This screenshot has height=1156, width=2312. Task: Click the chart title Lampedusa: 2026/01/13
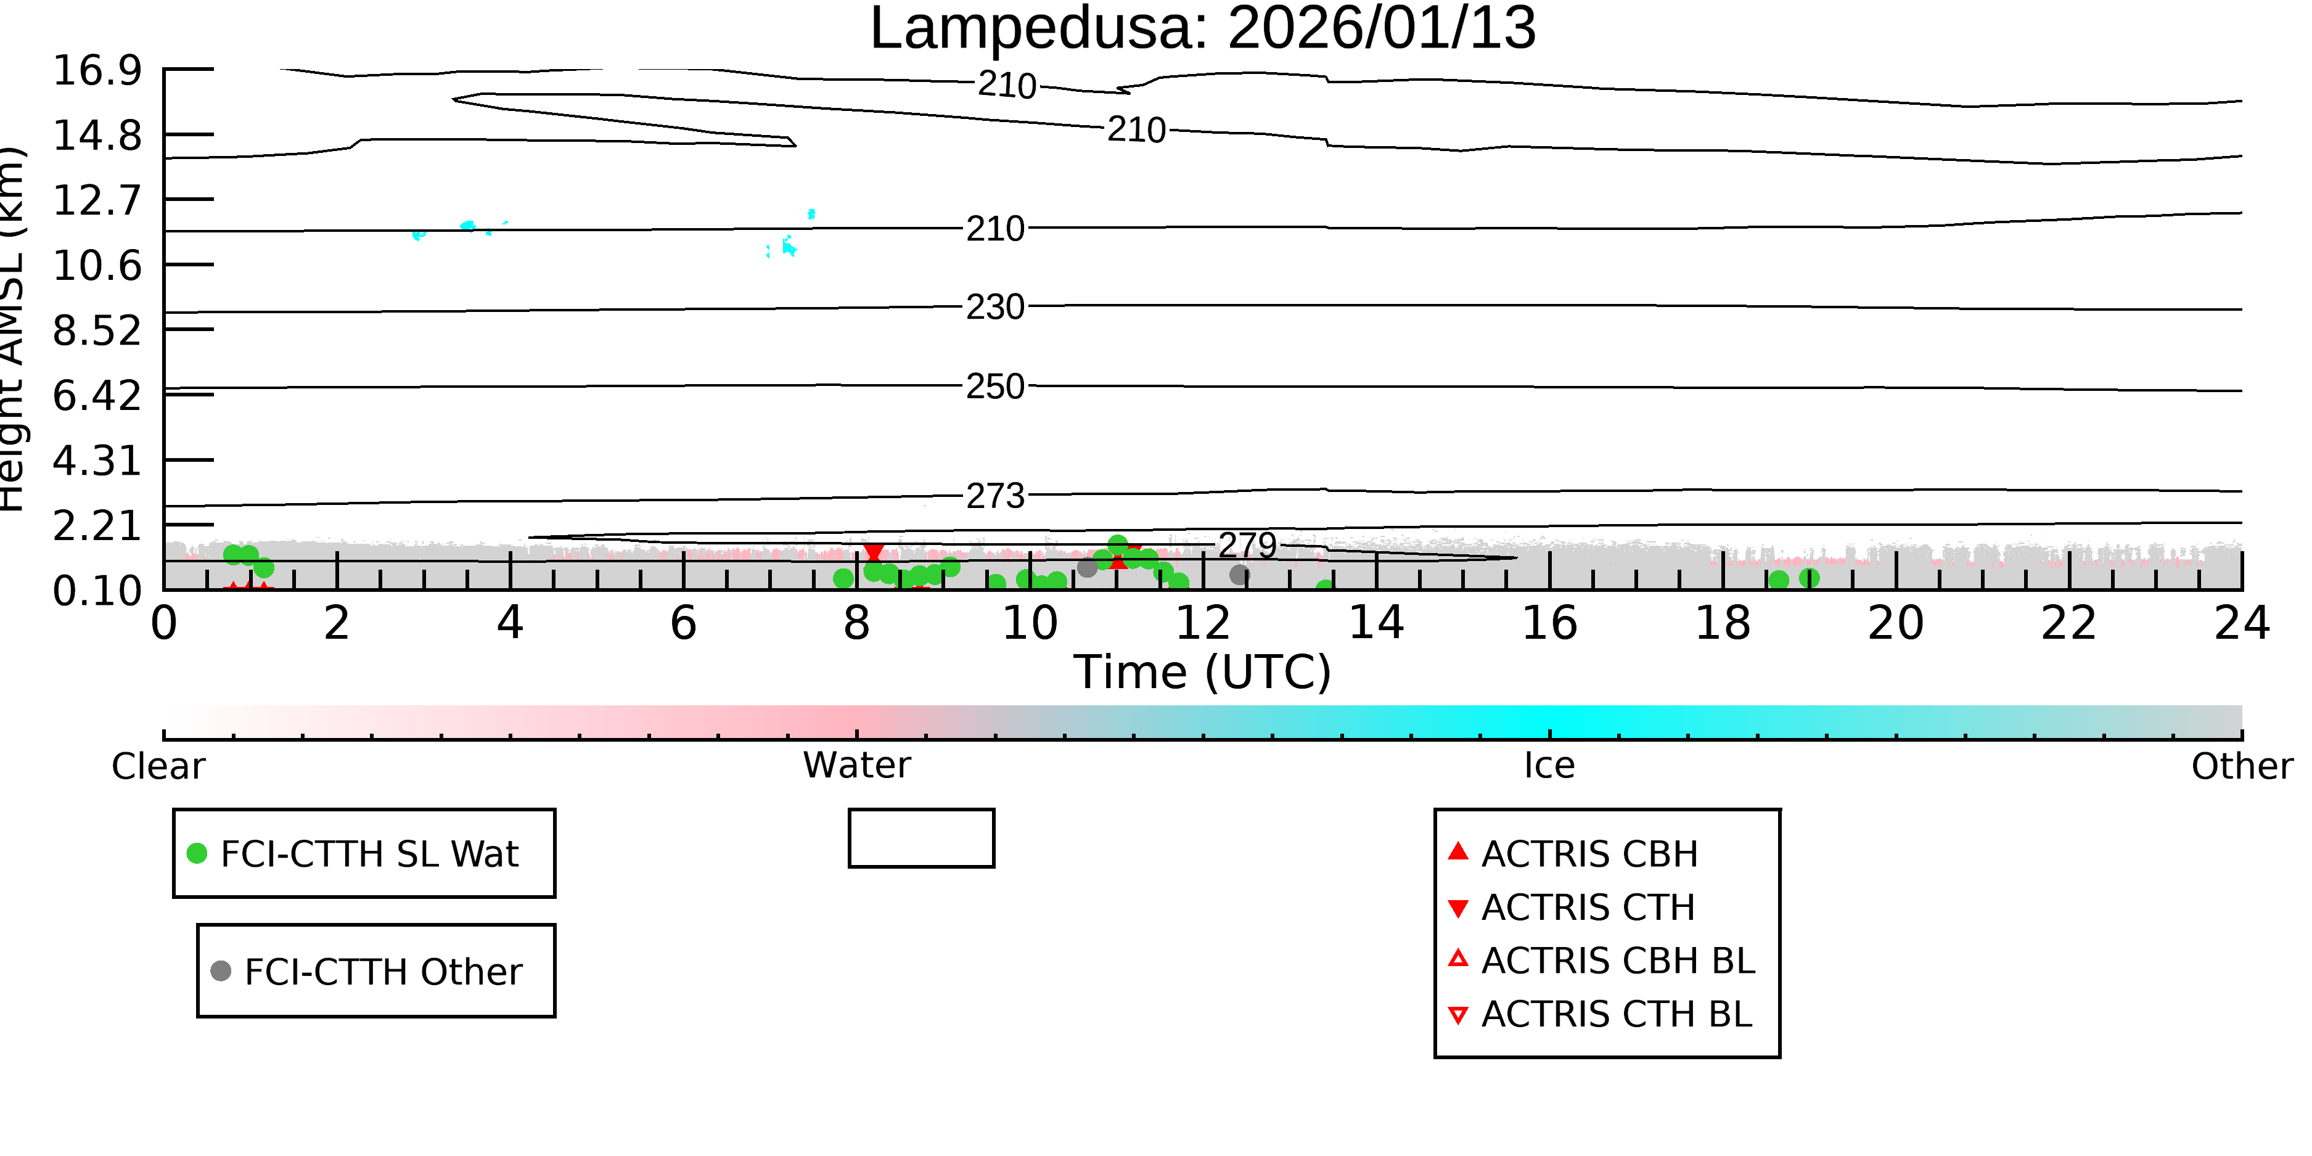coord(1203,29)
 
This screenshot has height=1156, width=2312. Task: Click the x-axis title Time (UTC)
coord(1203,672)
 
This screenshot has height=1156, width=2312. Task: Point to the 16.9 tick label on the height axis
coord(97,70)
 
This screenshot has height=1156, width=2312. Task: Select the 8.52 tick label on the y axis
coord(97,330)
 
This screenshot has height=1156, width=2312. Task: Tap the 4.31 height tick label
coord(97,461)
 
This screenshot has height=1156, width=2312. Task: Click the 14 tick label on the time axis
coord(1376,623)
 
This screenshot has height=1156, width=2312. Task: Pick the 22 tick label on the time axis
coord(2068,623)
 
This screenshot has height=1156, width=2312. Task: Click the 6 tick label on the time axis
coord(683,623)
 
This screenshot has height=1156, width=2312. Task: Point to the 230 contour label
coord(995,307)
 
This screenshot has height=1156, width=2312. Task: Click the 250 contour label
coord(995,387)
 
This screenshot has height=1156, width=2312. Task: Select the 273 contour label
coord(995,496)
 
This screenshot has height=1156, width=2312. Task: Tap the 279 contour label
coord(1247,545)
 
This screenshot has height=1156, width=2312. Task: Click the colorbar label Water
coord(857,766)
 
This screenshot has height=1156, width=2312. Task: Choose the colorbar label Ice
coord(1549,766)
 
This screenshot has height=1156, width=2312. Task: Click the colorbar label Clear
coord(158,766)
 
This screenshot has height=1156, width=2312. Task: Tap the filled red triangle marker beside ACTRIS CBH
coord(1459,851)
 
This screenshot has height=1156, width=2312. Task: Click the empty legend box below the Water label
coord(922,811)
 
